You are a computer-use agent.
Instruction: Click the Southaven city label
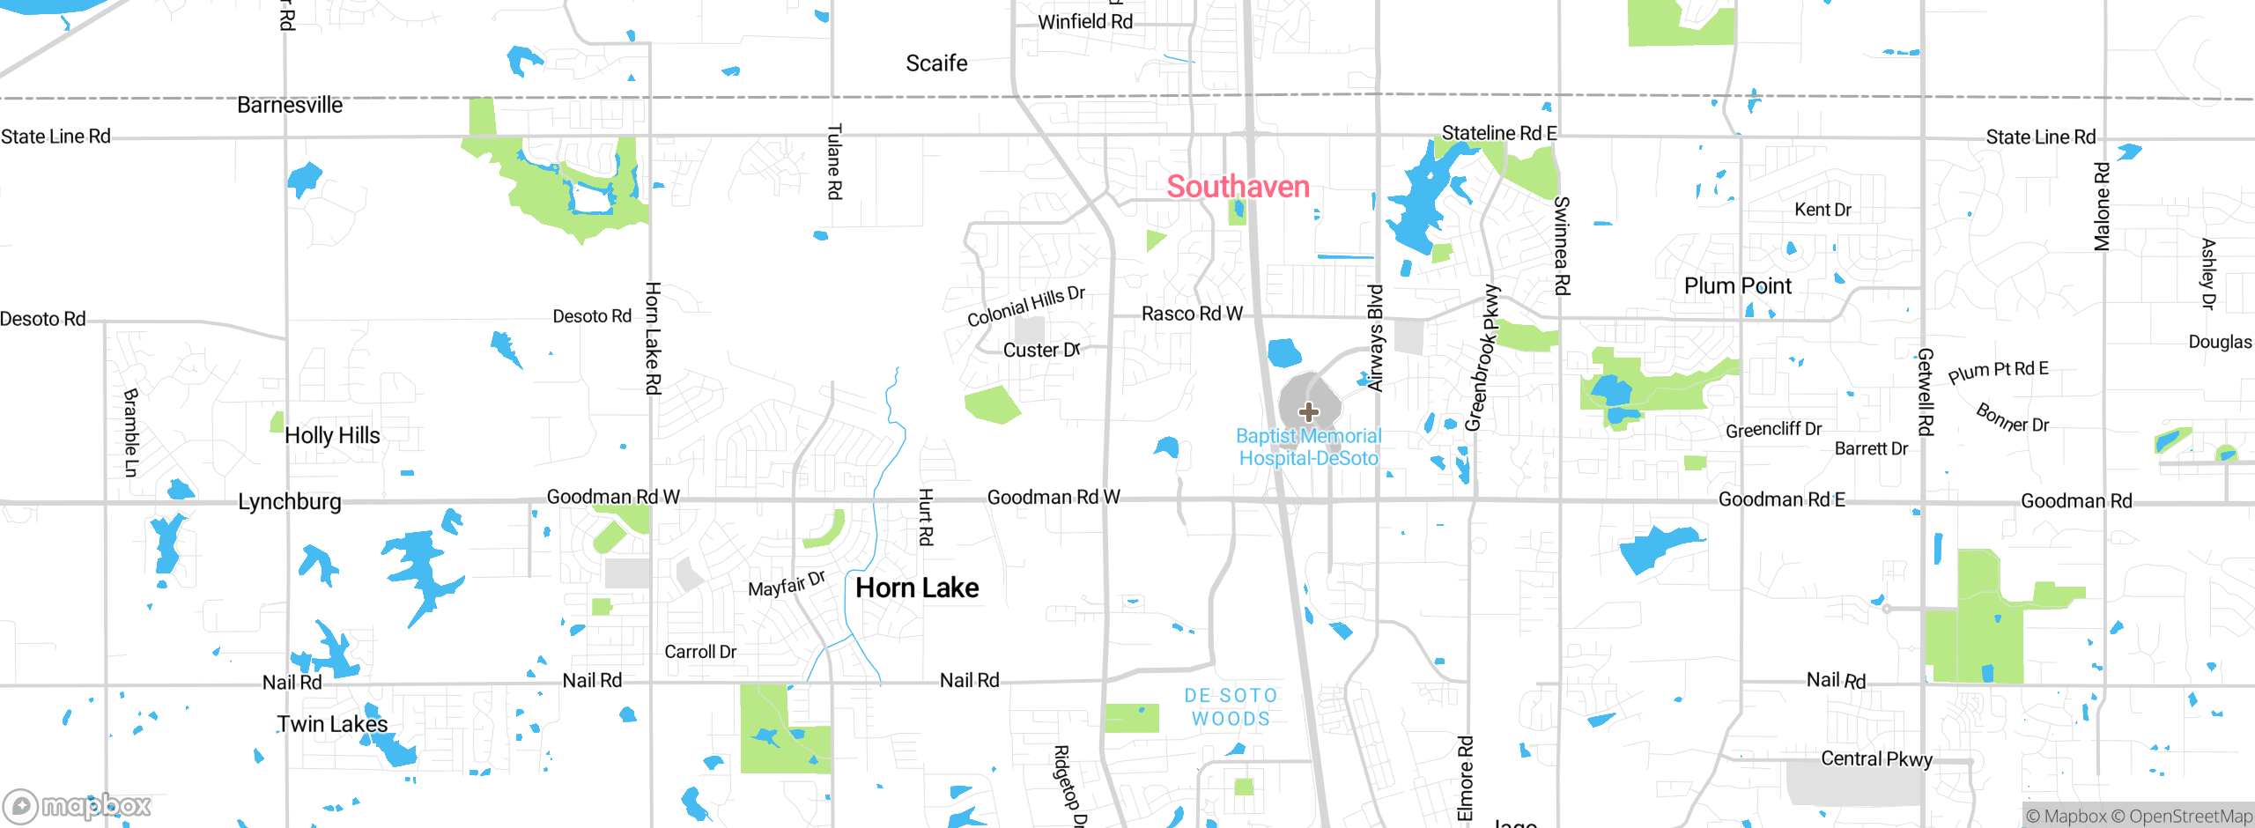tap(1238, 187)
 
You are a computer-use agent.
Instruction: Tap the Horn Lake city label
tap(917, 588)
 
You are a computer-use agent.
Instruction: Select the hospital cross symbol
tap(1309, 411)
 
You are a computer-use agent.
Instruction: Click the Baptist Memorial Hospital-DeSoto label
tap(1308, 447)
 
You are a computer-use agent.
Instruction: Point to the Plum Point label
tap(1737, 286)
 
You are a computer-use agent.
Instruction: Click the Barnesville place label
tap(290, 106)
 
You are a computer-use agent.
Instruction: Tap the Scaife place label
tap(936, 63)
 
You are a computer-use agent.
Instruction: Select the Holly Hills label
tap(332, 435)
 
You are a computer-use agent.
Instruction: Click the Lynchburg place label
tap(290, 501)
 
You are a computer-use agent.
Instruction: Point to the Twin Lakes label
tap(332, 724)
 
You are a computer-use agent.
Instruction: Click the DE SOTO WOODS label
tap(1231, 707)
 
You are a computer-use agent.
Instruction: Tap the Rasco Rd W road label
tap(1192, 314)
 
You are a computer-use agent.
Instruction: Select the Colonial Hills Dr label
tap(1025, 306)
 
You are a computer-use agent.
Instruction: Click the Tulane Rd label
tap(834, 161)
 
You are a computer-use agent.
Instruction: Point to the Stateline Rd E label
tap(1498, 133)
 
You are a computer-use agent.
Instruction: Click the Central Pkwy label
tap(1876, 758)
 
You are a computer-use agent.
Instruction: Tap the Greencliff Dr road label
tap(1773, 430)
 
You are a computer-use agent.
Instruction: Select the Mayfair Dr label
tap(786, 583)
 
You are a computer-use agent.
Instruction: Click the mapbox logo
tap(78, 805)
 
